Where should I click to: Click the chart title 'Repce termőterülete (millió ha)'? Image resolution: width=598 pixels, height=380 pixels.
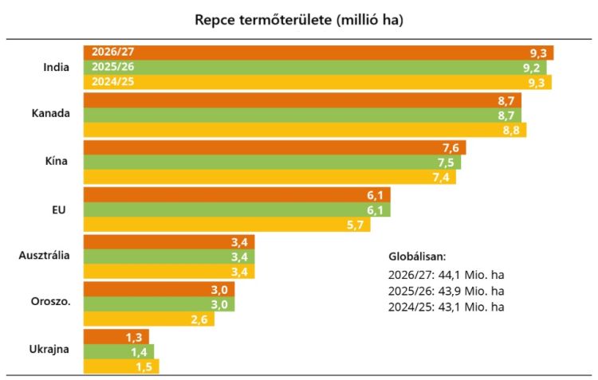click(299, 20)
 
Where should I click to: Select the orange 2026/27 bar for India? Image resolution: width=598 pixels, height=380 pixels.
click(319, 53)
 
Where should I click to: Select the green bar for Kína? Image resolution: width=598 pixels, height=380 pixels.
click(271, 163)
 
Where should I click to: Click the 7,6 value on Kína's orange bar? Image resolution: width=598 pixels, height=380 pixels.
click(452, 148)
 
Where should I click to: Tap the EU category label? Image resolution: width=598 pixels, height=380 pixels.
click(57, 210)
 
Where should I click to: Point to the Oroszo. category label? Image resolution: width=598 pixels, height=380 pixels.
click(49, 303)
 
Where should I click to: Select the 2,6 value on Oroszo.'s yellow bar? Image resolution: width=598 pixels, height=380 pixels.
click(219, 319)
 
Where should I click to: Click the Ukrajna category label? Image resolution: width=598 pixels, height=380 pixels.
click(49, 350)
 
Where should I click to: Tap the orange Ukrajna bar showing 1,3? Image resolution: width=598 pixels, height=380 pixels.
click(116, 337)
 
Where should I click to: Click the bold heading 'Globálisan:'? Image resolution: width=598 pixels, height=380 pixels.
click(416, 257)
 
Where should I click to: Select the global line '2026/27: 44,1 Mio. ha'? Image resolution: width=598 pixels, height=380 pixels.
click(447, 274)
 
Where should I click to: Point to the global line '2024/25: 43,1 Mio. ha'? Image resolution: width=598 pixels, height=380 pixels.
click(447, 306)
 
